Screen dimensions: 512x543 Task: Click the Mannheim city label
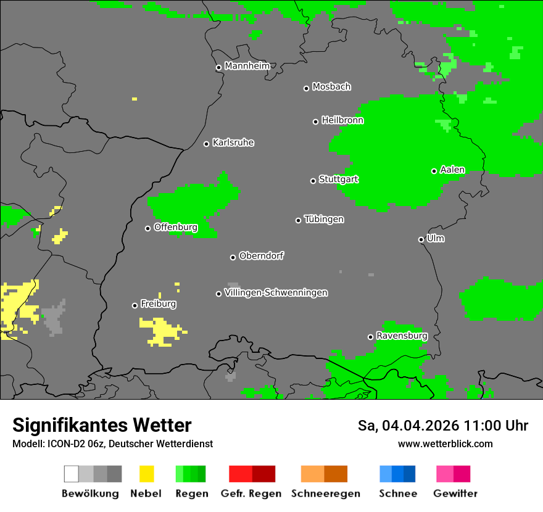click(x=247, y=66)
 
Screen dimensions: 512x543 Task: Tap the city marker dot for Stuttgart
click(x=313, y=181)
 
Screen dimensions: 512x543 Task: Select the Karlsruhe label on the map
click(x=233, y=142)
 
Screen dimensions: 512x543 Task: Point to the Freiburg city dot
click(x=135, y=305)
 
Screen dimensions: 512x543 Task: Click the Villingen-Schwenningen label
click(x=276, y=292)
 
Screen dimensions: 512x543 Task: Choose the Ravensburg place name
click(x=402, y=336)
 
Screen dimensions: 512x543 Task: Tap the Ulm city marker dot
click(x=421, y=239)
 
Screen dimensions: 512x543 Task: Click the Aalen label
click(x=452, y=170)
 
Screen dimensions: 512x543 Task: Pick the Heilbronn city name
click(x=342, y=120)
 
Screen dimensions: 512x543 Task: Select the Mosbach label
click(x=331, y=87)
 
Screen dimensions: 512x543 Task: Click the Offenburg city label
click(x=175, y=227)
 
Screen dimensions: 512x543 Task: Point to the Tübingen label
click(x=324, y=219)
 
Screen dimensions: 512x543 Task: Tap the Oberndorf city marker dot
click(x=233, y=257)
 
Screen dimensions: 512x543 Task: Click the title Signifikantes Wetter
click(x=102, y=425)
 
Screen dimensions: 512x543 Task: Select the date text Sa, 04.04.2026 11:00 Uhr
click(x=442, y=426)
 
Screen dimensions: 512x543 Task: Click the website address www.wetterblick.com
click(x=445, y=444)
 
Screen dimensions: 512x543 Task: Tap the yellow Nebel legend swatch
click(x=146, y=474)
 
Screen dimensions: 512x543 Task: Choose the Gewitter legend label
click(x=455, y=493)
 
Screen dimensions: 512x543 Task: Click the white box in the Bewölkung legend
click(x=72, y=474)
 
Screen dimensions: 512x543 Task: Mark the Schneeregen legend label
click(x=325, y=493)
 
